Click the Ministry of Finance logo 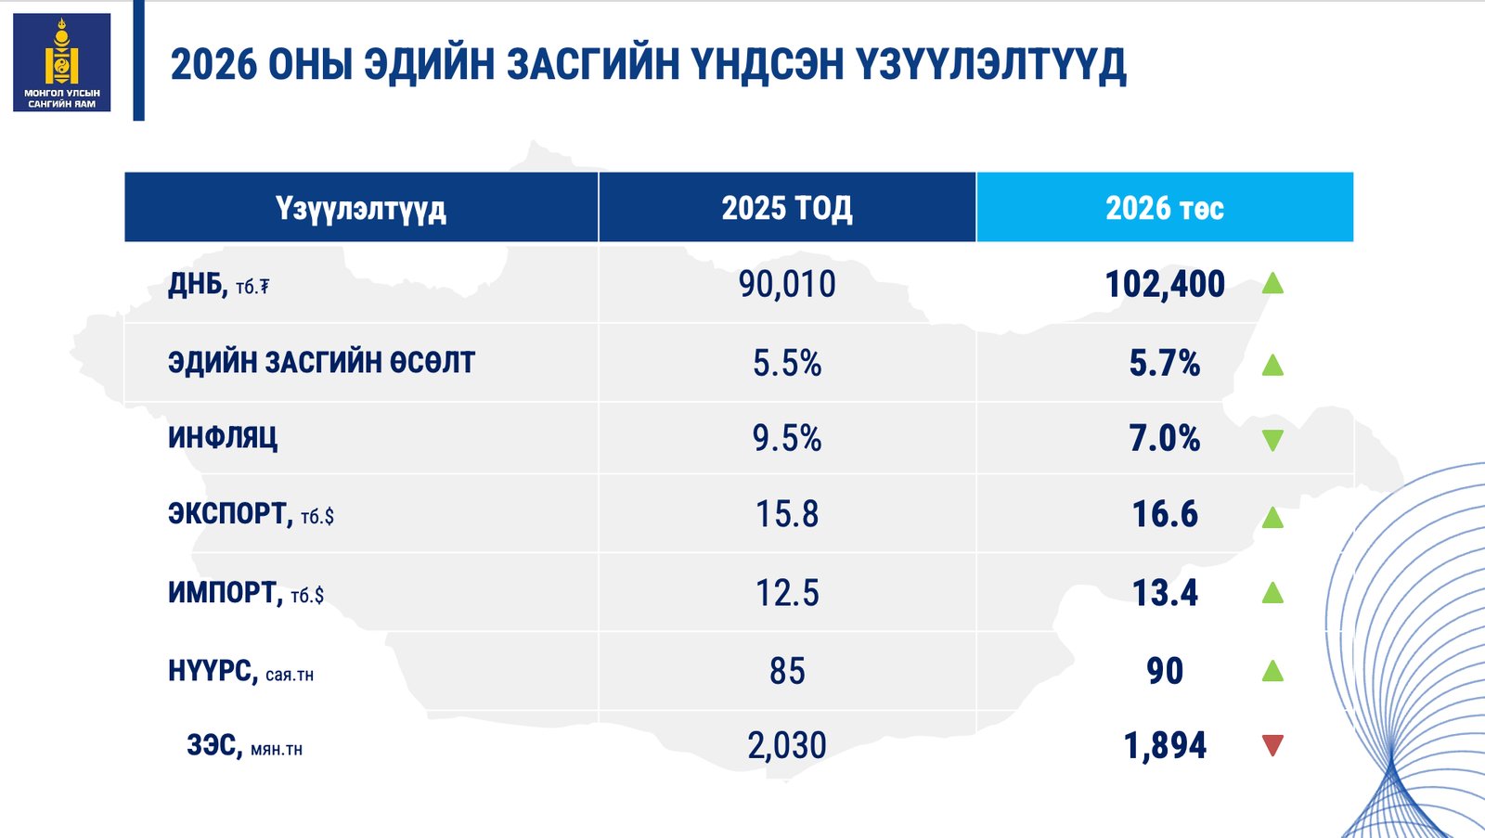[x=61, y=62]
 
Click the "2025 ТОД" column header [x=787, y=208]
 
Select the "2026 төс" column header [x=1164, y=208]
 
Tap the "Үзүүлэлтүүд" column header [x=360, y=208]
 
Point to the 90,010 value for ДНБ [x=787, y=284]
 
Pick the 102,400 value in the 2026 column [x=1165, y=284]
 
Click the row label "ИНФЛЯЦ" [x=223, y=437]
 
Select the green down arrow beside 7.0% [x=1272, y=440]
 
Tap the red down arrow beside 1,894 [x=1272, y=745]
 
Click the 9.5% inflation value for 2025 [x=787, y=438]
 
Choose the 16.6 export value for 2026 [x=1165, y=514]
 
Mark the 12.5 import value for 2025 [x=787, y=593]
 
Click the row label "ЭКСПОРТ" [x=229, y=513]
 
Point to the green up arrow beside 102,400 [x=1272, y=283]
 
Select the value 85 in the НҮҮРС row [x=787, y=671]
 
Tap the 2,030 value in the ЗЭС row [x=787, y=745]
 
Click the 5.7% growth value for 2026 [x=1165, y=363]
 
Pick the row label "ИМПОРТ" [x=224, y=592]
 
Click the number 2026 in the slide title [x=213, y=65]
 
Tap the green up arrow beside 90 [x=1272, y=670]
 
